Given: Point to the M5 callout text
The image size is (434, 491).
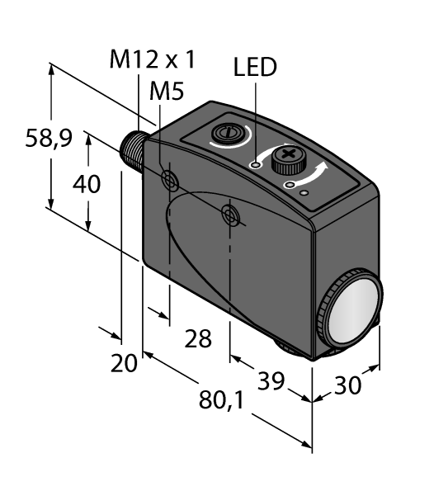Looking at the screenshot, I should pyautogui.click(x=166, y=92).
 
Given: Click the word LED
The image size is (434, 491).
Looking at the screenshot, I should pyautogui.click(x=255, y=68).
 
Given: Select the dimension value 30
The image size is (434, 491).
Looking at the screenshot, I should pyautogui.click(x=349, y=385).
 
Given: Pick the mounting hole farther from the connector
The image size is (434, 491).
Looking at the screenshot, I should pyautogui.click(x=231, y=216).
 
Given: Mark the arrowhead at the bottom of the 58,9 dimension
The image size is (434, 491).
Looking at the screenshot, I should pyautogui.click(x=52, y=205).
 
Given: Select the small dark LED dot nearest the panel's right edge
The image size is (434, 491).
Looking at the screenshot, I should pyautogui.click(x=306, y=193).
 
